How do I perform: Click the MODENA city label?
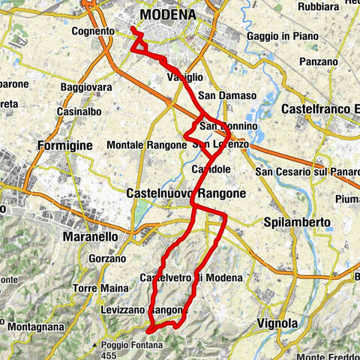click(x=167, y=14)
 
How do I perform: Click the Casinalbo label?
click(x=79, y=112)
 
